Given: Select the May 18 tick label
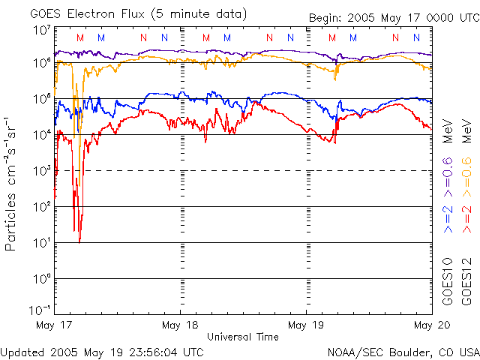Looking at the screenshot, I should [179, 325].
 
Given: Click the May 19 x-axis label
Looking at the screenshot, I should [306, 325].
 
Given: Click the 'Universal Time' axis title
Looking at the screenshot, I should [242, 337].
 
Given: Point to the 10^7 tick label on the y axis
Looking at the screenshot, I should [40, 31].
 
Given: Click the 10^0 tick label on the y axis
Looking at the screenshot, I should [40, 277].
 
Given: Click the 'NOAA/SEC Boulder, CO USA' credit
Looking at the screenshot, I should [403, 351].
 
